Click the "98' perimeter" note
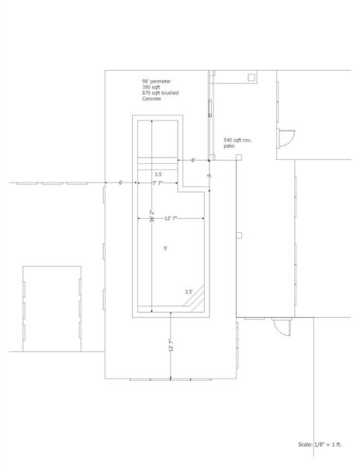156,82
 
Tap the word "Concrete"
152,99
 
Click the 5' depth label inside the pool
164,249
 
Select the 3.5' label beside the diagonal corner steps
189,292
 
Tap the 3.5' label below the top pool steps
158,175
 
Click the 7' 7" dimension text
157,183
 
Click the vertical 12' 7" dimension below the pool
171,343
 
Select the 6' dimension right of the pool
192,159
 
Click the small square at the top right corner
251,77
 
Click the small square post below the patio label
239,158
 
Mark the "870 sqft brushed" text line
159,94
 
